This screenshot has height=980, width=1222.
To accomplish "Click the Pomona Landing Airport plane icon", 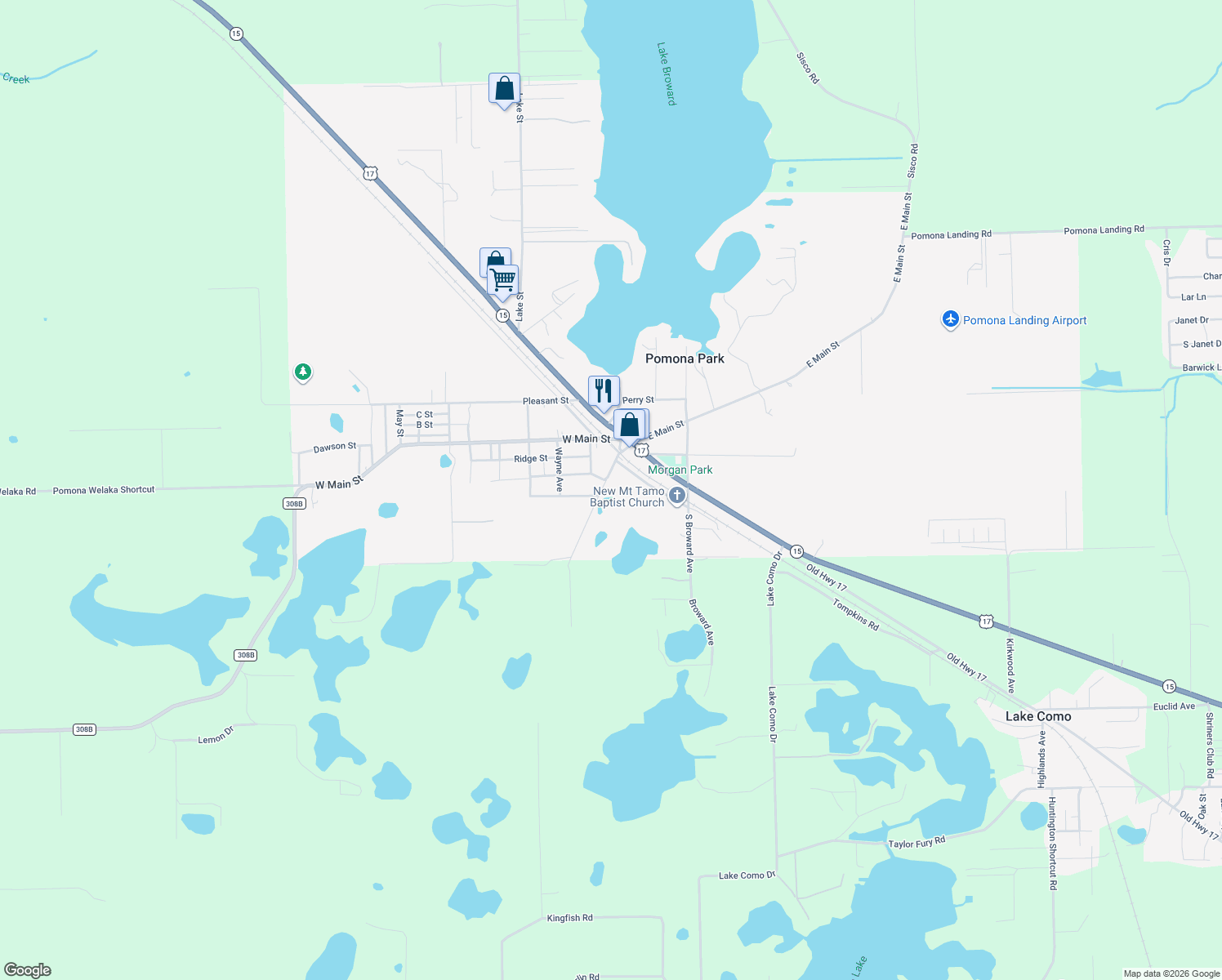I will (x=950, y=319).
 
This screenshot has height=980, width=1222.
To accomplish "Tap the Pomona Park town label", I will (x=685, y=359).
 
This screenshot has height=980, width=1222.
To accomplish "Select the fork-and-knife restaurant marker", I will (x=604, y=390).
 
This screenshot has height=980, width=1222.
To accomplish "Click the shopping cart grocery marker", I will (x=503, y=279).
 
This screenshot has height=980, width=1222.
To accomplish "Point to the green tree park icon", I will (x=303, y=372).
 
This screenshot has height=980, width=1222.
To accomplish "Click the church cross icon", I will (x=676, y=495).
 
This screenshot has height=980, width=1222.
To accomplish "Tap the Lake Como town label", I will (x=1038, y=716).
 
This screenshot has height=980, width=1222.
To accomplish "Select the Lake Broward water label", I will (x=667, y=74).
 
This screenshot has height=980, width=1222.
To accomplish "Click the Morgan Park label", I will (x=680, y=470).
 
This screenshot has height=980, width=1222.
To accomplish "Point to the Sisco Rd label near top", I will (x=807, y=68).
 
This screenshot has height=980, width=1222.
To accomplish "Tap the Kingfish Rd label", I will (x=569, y=918).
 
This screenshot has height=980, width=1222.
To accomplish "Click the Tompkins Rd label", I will (x=856, y=614).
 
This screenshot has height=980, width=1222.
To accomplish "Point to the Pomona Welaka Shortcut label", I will (x=104, y=490).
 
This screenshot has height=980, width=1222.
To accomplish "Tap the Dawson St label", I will (x=335, y=448).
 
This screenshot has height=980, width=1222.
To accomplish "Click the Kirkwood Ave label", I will (x=1010, y=666).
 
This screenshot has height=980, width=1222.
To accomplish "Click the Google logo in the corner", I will (x=28, y=970).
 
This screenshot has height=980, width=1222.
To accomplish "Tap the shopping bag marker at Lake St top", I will (x=504, y=88).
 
